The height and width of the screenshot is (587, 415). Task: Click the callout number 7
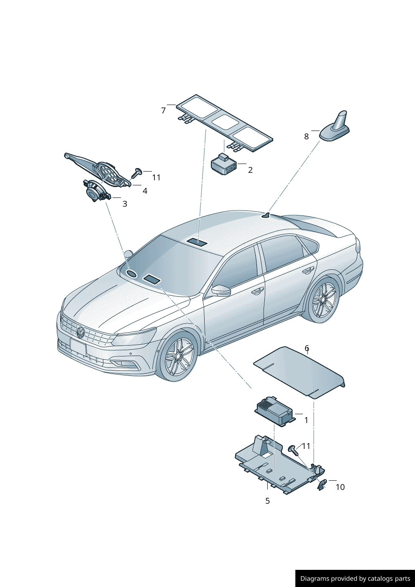[164, 110]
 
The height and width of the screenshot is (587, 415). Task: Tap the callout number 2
[250, 170]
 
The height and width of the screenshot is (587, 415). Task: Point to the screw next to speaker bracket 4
[137, 172]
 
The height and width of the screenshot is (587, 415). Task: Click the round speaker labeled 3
[95, 192]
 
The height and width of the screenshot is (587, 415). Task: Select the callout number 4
[145, 191]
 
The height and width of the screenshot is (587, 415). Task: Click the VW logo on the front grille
[80, 333]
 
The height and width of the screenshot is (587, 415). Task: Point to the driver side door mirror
[222, 290]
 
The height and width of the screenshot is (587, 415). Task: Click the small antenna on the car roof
[266, 215]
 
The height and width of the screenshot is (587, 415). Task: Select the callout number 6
[307, 348]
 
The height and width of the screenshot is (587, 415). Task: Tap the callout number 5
[267, 501]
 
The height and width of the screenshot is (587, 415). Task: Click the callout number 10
[340, 487]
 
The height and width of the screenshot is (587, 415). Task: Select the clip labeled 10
[322, 485]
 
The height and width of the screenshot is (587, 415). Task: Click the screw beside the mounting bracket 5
[293, 450]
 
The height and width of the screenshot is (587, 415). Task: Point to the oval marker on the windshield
[132, 274]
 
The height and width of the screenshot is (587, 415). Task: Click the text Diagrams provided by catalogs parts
[355, 579]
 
